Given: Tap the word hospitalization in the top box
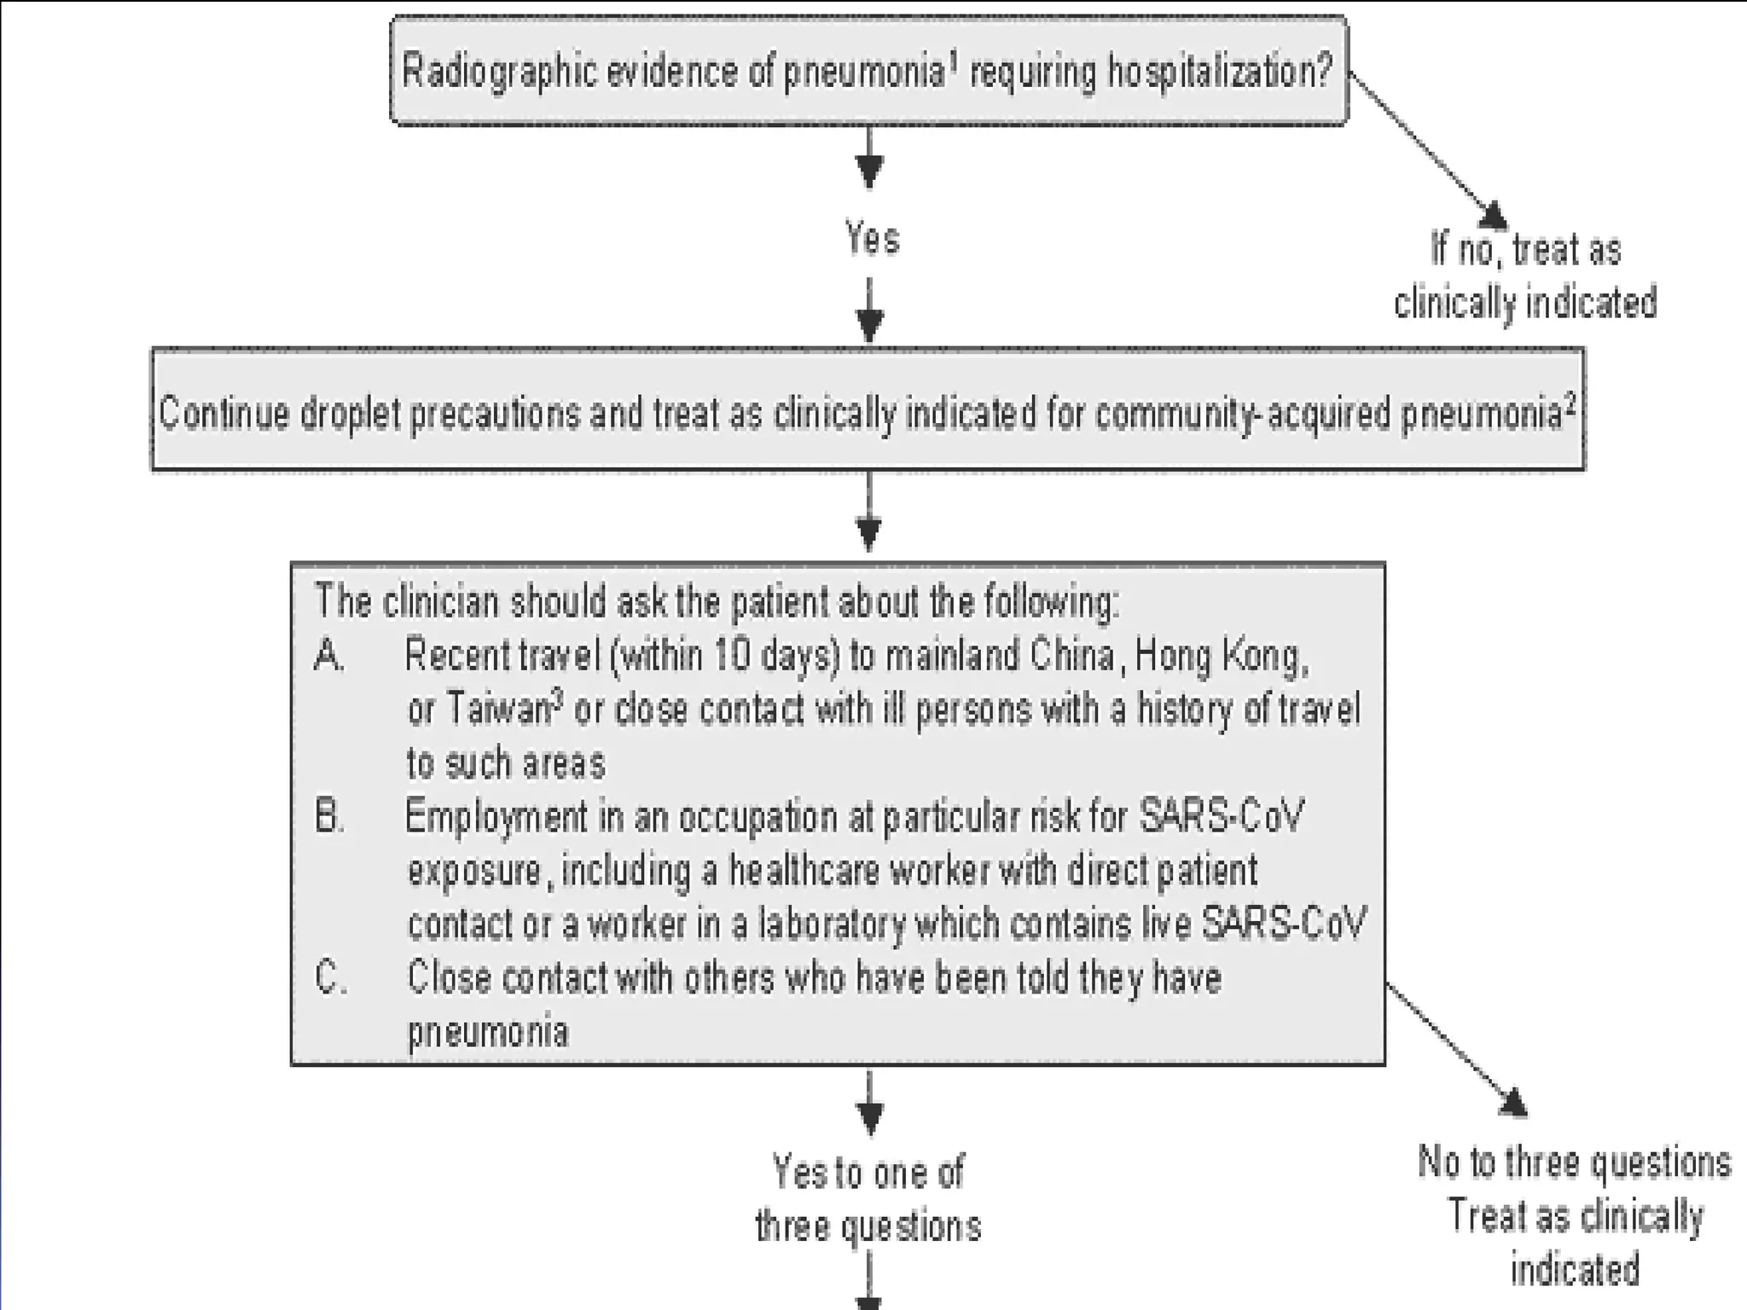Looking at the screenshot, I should (1219, 72).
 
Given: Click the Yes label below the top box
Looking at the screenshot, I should (872, 238).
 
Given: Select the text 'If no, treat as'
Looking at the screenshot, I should (1526, 250).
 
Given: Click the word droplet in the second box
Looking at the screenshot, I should (350, 414).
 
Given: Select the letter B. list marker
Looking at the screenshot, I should (329, 818).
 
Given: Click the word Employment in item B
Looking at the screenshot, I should (495, 818).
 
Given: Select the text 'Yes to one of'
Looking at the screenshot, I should (868, 1173).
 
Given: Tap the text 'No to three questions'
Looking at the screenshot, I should (1574, 1162).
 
